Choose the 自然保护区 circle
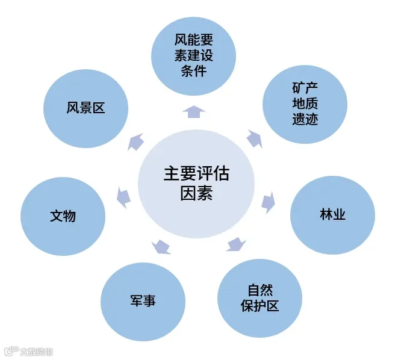click(x=257, y=297)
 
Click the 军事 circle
click(x=143, y=300)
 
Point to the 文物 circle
click(x=63, y=216)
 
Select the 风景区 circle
click(x=86, y=109)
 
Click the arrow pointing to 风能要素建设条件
click(x=193, y=111)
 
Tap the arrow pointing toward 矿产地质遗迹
click(x=254, y=138)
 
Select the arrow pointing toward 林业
click(x=268, y=201)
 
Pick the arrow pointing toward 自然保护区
click(x=236, y=244)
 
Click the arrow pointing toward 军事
click(x=161, y=246)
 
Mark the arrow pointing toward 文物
click(x=123, y=197)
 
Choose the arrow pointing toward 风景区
click(x=135, y=142)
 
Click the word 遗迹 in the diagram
click(x=305, y=119)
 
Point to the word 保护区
click(x=257, y=305)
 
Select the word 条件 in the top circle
click(x=193, y=70)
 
